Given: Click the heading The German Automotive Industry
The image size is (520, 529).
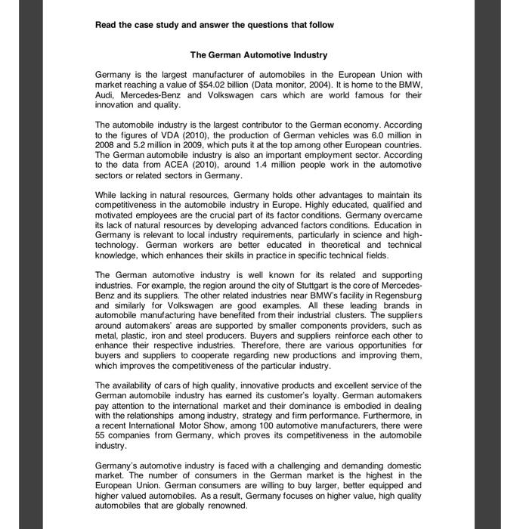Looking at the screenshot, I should (258, 55).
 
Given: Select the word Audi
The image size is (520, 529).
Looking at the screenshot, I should (107, 95).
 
